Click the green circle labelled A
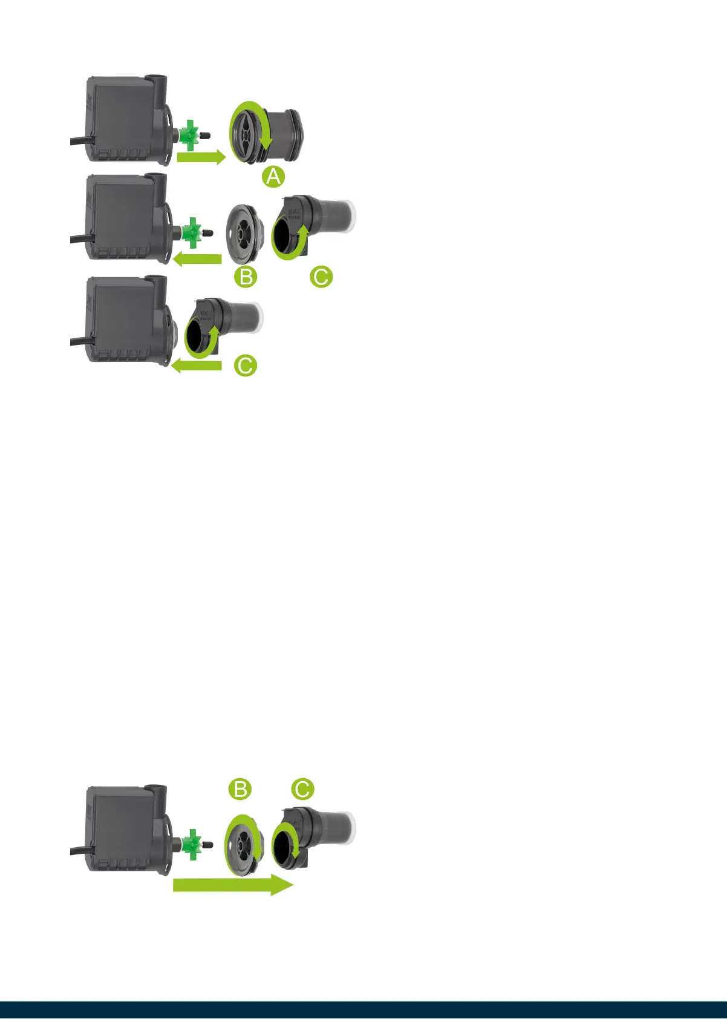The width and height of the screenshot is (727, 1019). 273,177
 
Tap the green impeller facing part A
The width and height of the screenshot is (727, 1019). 191,133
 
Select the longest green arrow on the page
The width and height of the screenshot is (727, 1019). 233,885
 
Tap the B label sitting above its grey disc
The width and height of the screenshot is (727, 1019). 240,789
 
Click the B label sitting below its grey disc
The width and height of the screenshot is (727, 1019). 246,277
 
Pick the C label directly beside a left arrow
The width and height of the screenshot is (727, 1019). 246,365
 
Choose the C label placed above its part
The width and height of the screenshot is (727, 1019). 302,789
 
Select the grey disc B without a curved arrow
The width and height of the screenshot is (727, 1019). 244,233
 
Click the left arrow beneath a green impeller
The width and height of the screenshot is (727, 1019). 197,260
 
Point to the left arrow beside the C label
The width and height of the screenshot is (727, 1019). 197,365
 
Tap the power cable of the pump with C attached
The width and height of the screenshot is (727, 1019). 79,342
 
